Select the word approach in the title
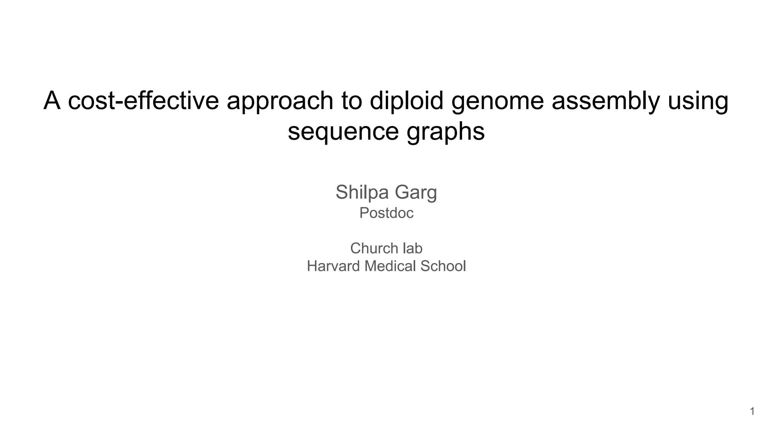[280, 101]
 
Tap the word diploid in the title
[406, 101]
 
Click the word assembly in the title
[605, 101]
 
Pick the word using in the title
[698, 101]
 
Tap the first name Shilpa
[362, 192]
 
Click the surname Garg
[416, 192]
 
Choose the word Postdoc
[386, 213]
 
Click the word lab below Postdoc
[413, 248]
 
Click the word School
[443, 266]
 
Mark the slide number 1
[752, 412]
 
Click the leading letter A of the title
[52, 101]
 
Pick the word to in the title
[351, 101]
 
